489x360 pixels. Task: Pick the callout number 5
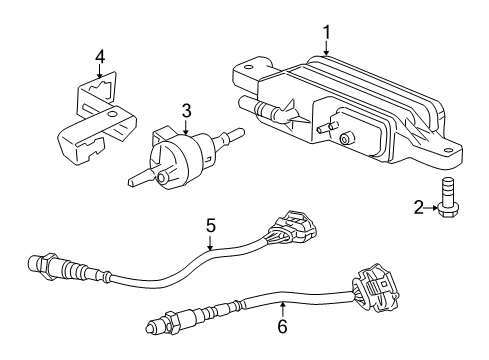tap(211, 227)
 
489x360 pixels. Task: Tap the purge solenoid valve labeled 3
tap(176, 155)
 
